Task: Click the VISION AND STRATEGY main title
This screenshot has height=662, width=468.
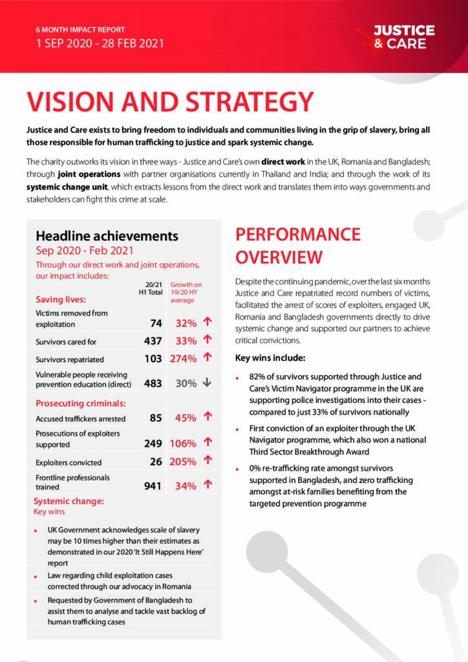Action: tap(170, 102)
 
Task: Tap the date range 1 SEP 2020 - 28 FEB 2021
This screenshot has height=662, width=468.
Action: tap(100, 44)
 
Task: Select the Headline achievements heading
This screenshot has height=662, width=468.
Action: tap(107, 236)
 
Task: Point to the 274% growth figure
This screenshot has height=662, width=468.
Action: tap(183, 359)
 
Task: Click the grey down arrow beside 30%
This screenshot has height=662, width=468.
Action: tap(207, 383)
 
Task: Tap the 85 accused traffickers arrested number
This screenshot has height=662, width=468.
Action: tap(155, 418)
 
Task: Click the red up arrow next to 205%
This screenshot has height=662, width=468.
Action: tap(207, 461)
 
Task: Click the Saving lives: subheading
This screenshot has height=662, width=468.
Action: tap(61, 299)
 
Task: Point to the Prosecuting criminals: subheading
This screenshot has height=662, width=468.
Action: tap(80, 403)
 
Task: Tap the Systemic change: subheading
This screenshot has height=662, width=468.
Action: tap(69, 502)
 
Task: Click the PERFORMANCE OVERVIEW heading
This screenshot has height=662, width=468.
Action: tap(297, 246)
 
